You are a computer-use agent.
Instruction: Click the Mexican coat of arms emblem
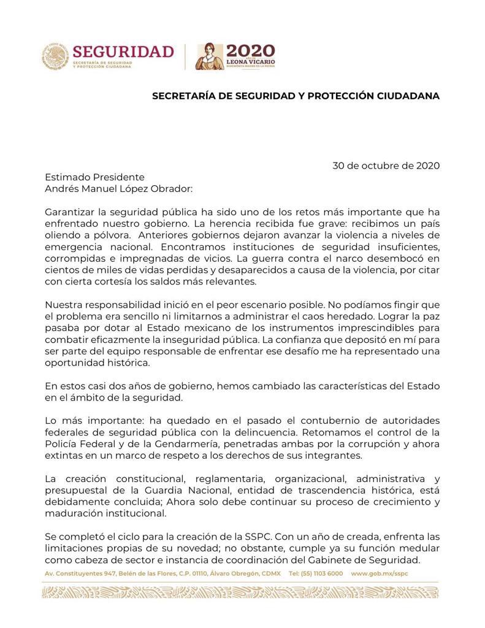coord(55,56)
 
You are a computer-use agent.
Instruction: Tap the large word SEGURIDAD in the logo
coord(123,51)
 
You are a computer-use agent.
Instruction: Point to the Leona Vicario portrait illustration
coord(210,56)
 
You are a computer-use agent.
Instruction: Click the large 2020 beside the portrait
coord(250,51)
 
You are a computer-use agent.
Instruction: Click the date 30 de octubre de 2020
coord(386,166)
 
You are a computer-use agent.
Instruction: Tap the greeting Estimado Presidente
coord(94,177)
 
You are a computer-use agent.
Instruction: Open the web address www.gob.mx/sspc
coord(380,573)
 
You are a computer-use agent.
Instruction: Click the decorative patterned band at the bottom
coord(242,591)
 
